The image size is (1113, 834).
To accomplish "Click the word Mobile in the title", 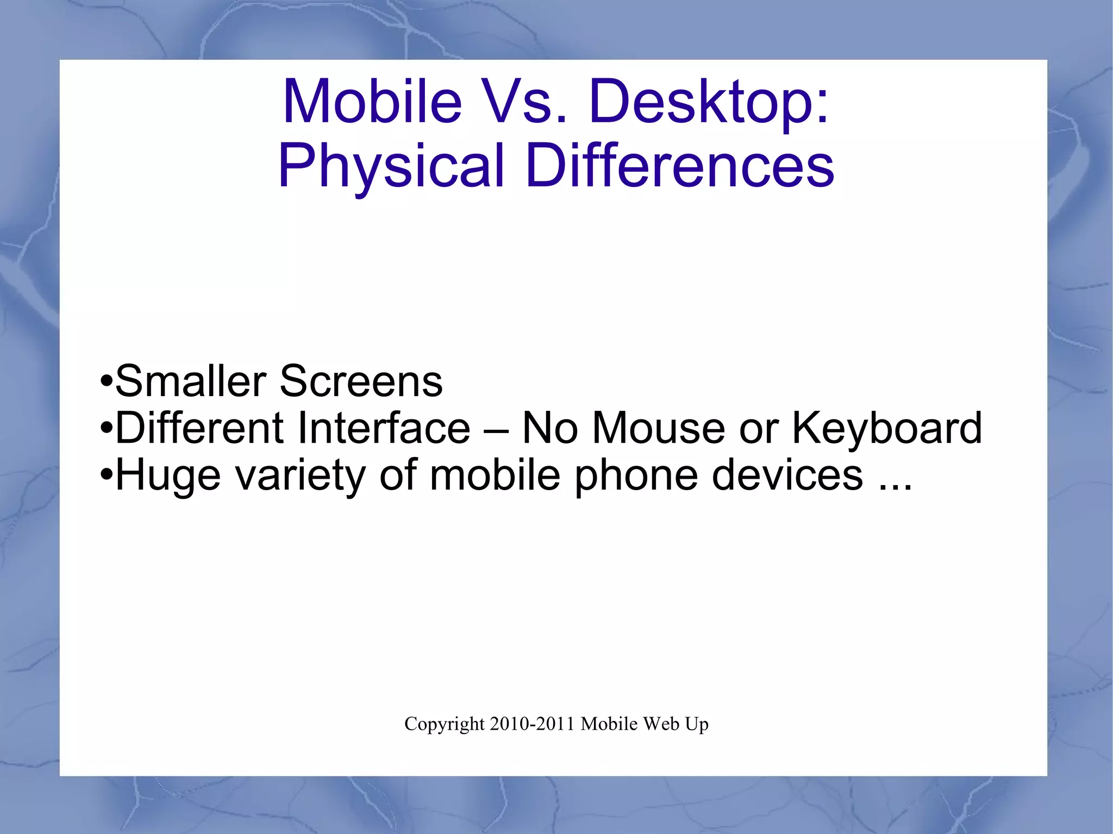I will [372, 102].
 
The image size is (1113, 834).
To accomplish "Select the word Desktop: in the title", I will [709, 102].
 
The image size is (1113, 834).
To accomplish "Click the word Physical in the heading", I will [391, 166].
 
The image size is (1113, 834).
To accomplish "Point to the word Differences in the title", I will [679, 165].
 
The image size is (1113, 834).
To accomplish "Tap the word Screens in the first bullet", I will [361, 381].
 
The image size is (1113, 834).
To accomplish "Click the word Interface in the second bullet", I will [384, 428].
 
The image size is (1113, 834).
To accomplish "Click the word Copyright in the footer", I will [444, 724].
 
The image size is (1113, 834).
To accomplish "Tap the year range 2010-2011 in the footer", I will [532, 724].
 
